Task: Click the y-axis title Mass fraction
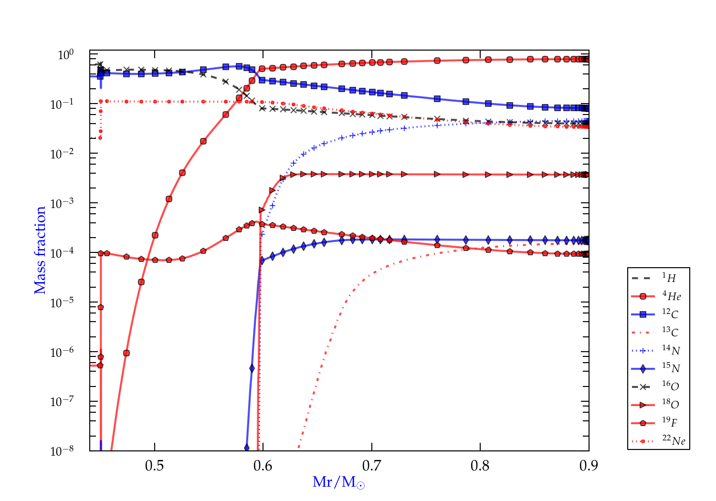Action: coord(40,250)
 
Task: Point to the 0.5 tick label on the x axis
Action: coord(155,465)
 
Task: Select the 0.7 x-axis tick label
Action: coord(372,465)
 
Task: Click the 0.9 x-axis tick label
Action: coord(589,465)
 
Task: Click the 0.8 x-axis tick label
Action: coord(480,465)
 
